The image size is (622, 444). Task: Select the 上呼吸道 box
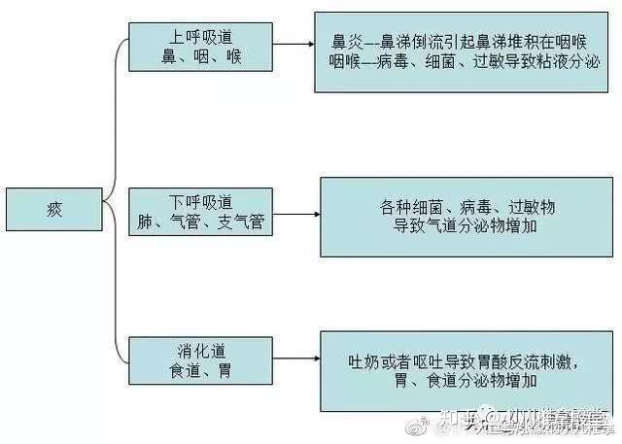click(199, 47)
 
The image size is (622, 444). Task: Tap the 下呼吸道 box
click(201, 213)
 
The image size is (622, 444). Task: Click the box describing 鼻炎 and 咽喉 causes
click(461, 51)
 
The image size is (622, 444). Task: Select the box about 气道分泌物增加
click(466, 217)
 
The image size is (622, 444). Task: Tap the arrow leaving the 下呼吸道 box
click(296, 213)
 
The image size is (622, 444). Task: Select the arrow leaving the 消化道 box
click(295, 359)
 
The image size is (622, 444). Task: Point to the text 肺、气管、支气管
click(201, 222)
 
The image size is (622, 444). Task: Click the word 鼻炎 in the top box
click(346, 43)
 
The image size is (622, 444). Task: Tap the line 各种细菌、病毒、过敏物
click(466, 207)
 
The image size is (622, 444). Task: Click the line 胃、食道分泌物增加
click(466, 381)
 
